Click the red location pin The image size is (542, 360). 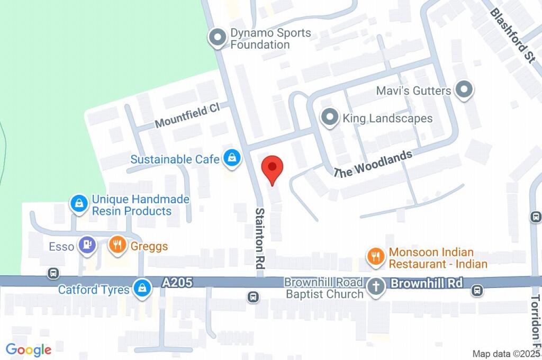273,169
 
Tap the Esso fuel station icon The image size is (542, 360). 86,245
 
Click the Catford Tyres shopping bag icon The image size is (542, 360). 141,289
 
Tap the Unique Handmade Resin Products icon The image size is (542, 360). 79,203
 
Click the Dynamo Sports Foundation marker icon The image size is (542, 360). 216,38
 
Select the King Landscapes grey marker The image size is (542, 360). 330,117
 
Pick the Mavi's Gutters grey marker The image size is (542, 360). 464,90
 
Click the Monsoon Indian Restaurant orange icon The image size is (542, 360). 376,257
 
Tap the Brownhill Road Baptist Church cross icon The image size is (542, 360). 376,288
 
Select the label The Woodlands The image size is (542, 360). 373,164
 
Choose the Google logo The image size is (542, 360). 29,349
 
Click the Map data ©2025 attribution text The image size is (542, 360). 505,354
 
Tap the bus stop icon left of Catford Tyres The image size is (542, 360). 52,273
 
